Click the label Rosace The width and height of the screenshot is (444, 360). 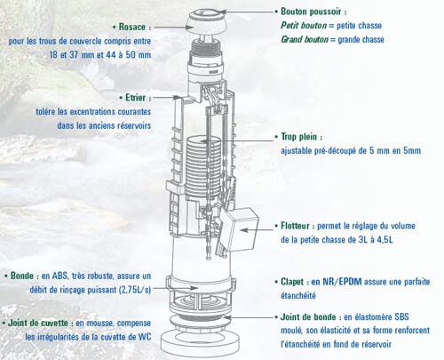pyautogui.click(x=132, y=27)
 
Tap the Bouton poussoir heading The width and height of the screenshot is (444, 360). pyautogui.click(x=311, y=12)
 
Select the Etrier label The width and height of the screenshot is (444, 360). pyautogui.click(x=136, y=98)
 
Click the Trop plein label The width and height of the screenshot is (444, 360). pyautogui.click(x=298, y=137)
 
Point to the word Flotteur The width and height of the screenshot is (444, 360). pyautogui.click(x=295, y=226)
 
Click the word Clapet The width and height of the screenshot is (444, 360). pyautogui.click(x=292, y=282)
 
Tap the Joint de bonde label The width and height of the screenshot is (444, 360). pyautogui.click(x=308, y=316)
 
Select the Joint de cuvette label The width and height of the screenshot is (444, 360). pyautogui.click(x=38, y=323)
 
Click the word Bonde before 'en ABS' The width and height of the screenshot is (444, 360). pyautogui.click(x=22, y=276)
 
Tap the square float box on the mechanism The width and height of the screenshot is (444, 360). pyautogui.click(x=240, y=228)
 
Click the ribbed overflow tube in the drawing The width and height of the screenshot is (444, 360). pyautogui.click(x=203, y=166)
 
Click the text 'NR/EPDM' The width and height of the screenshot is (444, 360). pyautogui.click(x=342, y=282)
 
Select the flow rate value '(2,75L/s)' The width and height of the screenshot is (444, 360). pyautogui.click(x=135, y=290)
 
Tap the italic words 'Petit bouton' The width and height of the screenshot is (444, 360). pyautogui.click(x=304, y=26)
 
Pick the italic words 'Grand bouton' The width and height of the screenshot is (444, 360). pyautogui.click(x=305, y=39)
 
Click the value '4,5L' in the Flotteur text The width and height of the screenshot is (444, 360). pyautogui.click(x=385, y=239)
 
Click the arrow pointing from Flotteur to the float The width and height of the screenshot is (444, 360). pyautogui.click(x=257, y=229)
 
